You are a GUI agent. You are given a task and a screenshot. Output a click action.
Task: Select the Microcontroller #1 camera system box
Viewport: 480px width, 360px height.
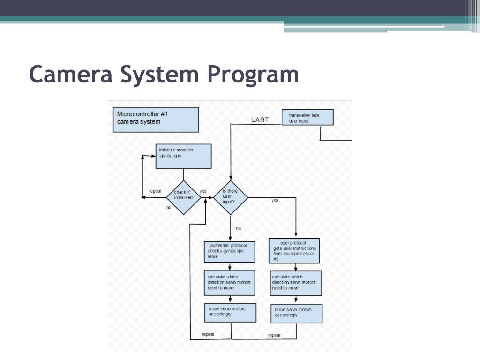tap(156, 120)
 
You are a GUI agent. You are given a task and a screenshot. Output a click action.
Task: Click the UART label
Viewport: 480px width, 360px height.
tap(260, 120)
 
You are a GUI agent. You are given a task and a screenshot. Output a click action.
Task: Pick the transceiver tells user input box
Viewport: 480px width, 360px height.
tap(307, 117)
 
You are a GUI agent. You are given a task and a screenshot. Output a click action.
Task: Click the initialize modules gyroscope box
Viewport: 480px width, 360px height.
tap(183, 156)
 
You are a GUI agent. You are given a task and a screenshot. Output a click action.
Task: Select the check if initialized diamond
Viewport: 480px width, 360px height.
tap(183, 197)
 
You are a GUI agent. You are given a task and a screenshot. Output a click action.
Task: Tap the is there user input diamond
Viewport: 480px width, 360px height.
tap(230, 197)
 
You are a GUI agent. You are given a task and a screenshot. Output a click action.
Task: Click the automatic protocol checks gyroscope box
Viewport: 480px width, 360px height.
tap(230, 252)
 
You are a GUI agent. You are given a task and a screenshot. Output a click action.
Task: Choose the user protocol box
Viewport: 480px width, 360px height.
tap(295, 251)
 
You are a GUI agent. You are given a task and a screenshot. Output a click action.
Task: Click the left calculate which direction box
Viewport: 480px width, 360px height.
tap(230, 282)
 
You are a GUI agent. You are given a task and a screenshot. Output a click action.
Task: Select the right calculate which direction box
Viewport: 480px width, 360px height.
tap(296, 283)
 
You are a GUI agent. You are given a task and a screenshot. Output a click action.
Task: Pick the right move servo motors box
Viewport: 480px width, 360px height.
tap(297, 314)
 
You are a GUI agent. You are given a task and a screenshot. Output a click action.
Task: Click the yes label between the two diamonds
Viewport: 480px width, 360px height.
tap(203, 191)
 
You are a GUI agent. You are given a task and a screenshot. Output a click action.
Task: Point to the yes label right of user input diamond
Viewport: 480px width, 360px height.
tap(275, 200)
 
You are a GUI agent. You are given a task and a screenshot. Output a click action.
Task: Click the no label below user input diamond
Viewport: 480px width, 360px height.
tap(239, 229)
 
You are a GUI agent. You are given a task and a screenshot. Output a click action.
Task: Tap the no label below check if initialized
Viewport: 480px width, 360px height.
tap(169, 207)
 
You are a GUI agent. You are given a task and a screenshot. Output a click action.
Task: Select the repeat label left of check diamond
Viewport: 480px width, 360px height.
tap(155, 191)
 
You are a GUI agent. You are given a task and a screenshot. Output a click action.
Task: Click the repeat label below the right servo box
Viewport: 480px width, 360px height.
tap(274, 335)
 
